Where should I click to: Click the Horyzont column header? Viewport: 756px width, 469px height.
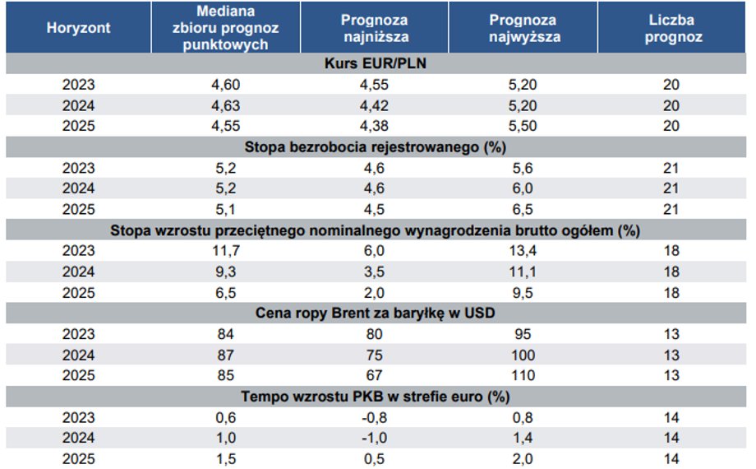pos(79,28)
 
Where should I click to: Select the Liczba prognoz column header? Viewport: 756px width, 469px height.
pos(671,28)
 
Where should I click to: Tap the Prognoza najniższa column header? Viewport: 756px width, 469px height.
pos(375,28)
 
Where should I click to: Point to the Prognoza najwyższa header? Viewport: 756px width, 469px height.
pos(523,28)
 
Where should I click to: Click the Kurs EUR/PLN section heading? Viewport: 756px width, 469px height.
pos(376,63)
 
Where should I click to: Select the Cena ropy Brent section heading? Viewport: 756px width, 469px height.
pos(375,313)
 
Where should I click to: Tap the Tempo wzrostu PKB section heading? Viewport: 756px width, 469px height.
pos(376,397)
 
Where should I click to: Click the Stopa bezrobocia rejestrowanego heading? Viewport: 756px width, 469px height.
pos(376,146)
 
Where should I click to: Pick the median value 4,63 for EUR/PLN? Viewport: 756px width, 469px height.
pos(226,105)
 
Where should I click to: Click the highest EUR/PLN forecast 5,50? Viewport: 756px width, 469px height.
pos(523,126)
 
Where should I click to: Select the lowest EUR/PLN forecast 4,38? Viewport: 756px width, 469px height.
pos(374,126)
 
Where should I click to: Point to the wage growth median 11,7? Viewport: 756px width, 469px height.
pos(226,251)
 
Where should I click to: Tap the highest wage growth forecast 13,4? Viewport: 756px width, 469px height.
pos(523,251)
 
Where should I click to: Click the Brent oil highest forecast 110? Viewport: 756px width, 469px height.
pos(523,375)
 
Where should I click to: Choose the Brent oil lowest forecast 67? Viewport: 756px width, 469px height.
pos(374,375)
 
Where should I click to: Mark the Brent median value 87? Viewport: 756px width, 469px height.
pos(226,355)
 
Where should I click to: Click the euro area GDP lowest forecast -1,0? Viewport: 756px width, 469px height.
pos(374,438)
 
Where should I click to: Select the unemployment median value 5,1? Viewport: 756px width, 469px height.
pos(226,209)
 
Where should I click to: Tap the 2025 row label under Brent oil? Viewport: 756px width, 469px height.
pos(79,375)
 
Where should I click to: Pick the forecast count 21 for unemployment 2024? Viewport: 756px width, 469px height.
pos(671,188)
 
